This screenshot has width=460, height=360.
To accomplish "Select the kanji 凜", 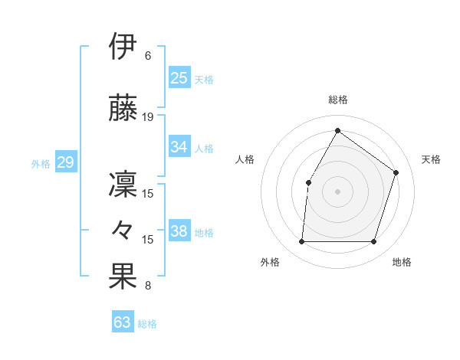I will [123, 184].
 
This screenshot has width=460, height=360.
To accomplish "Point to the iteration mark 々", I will [123, 229].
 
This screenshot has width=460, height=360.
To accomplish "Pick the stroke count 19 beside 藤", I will [148, 117].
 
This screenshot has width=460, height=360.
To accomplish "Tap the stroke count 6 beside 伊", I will [148, 56].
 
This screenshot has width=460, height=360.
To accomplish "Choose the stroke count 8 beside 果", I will [148, 286].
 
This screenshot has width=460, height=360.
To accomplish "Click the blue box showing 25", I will [179, 77].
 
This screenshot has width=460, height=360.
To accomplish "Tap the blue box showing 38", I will [179, 231].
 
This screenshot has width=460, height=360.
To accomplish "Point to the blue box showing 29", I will [65, 162].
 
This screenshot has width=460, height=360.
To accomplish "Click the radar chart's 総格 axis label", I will [337, 100].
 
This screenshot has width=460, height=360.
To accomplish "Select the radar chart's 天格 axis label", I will [431, 159].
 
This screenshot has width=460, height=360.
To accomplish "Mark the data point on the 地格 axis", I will [374, 242].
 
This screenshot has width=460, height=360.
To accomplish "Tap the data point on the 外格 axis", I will [301, 242].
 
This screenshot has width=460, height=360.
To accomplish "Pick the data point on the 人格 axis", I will [308, 182].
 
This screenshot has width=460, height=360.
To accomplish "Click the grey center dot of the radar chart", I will [337, 191].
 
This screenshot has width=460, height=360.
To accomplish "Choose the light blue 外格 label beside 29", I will [40, 163].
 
